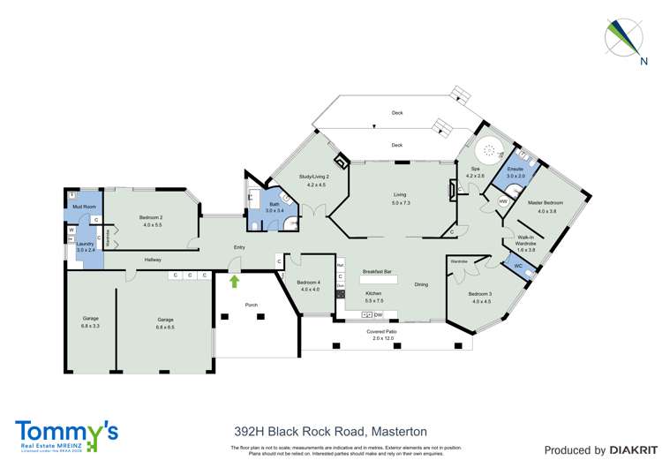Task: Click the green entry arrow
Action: click(x=235, y=282)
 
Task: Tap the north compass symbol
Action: click(x=624, y=37)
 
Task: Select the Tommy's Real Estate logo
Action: click(x=66, y=433)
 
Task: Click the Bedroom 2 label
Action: click(x=153, y=217)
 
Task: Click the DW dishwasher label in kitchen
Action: click(x=378, y=315)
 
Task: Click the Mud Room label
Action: click(x=83, y=206)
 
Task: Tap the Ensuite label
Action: click(x=515, y=168)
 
